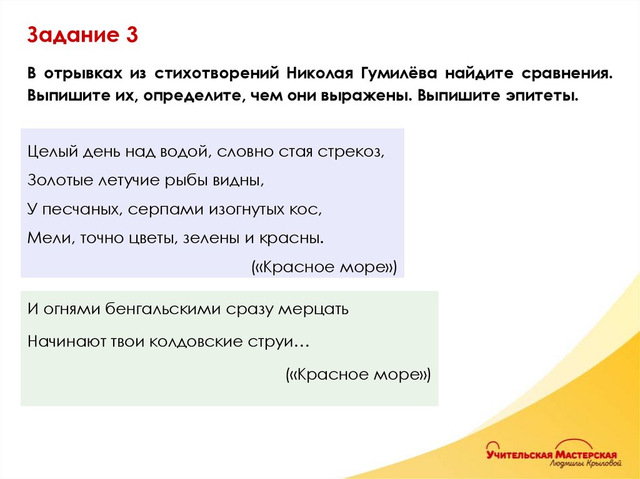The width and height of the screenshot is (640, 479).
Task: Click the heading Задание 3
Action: (82, 36)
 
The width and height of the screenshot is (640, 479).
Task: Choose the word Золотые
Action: (59, 181)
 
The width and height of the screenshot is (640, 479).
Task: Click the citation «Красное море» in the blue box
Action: (324, 267)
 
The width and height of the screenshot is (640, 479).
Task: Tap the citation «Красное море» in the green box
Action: (358, 374)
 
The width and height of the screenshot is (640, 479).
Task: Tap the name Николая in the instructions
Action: (319, 73)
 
